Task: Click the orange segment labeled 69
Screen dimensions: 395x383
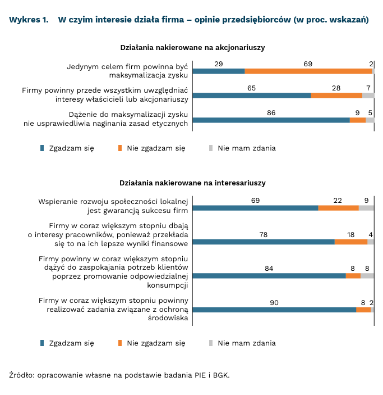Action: click(x=308, y=71)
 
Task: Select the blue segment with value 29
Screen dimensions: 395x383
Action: click(x=219, y=71)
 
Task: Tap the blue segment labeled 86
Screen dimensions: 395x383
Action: click(x=271, y=120)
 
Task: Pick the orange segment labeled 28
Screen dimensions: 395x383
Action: click(x=336, y=96)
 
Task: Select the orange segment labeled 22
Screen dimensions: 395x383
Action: click(x=338, y=208)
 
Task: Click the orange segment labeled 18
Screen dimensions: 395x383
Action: click(x=351, y=242)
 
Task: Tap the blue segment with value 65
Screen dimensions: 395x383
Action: click(x=252, y=96)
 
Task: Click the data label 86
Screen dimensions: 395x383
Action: click(x=271, y=112)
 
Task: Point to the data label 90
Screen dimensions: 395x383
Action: click(x=274, y=302)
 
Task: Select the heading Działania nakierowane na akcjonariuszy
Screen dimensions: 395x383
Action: click(x=193, y=48)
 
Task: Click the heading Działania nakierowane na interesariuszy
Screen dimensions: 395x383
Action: click(x=192, y=183)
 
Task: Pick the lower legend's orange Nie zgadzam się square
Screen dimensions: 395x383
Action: click(x=119, y=343)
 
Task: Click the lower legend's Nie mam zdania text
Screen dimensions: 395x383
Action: click(x=247, y=343)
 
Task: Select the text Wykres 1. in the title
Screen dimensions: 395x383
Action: click(x=29, y=20)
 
